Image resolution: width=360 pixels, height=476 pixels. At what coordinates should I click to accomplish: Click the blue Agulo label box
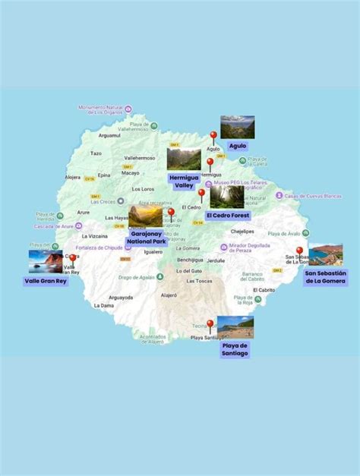[x=237, y=145]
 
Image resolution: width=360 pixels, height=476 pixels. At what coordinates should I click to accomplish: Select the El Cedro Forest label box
[x=227, y=215]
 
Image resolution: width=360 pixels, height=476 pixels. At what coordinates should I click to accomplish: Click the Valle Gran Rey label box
[x=46, y=280]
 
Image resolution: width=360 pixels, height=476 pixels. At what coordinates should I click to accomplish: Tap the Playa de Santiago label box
[x=235, y=348]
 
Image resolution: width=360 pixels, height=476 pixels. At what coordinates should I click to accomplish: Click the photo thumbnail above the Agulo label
[x=237, y=127]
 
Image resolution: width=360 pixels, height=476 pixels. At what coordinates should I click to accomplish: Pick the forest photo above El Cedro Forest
[x=227, y=197]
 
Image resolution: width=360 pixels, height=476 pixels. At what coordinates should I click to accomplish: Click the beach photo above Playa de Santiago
[x=235, y=327]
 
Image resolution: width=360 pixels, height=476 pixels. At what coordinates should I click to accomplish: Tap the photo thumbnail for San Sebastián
[x=325, y=255]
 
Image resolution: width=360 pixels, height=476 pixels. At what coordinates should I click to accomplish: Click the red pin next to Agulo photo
[x=213, y=137]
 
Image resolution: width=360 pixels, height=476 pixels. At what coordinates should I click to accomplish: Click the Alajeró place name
[x=169, y=295]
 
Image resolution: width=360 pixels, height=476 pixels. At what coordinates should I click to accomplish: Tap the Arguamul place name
[x=109, y=135]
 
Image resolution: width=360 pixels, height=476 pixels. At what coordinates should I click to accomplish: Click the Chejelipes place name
[x=242, y=231]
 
